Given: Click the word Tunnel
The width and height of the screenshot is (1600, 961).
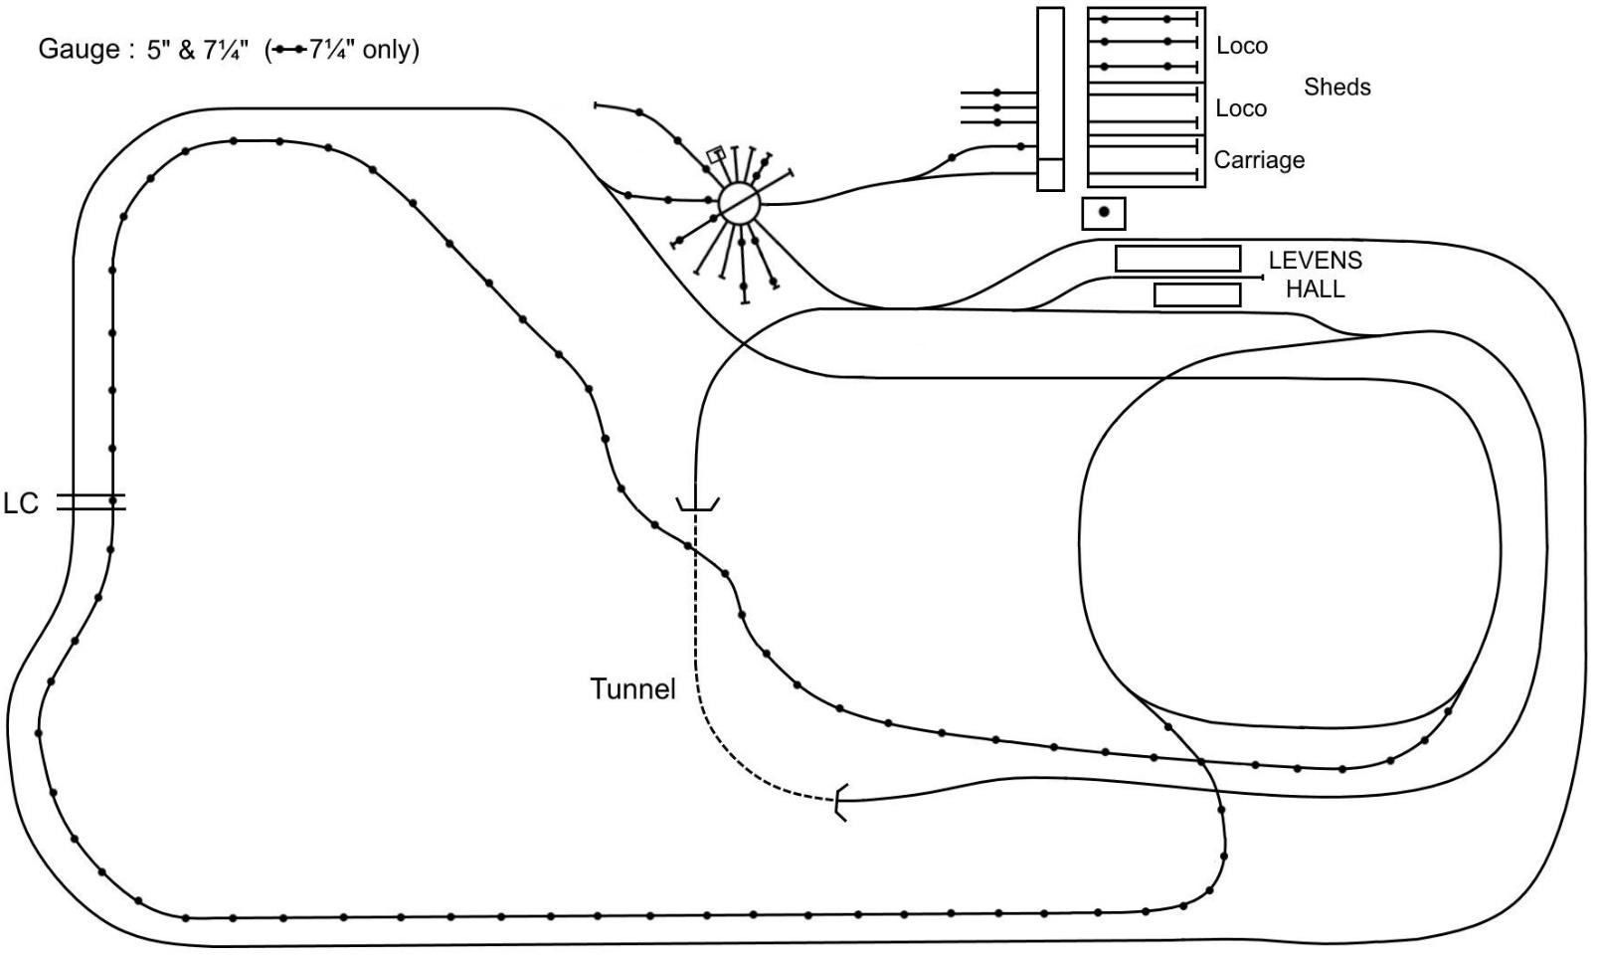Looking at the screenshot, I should (632, 688).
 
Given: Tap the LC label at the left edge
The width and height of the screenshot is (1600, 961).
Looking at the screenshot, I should (20, 503).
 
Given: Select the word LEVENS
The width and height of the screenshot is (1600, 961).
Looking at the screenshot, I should (1315, 261).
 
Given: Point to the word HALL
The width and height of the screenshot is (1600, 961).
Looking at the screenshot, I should (1315, 289).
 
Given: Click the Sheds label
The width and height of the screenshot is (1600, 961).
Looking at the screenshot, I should (1336, 88).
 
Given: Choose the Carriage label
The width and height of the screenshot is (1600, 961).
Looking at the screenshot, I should (1259, 160).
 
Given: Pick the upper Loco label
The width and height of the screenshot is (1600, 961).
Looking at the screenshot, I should (1241, 46).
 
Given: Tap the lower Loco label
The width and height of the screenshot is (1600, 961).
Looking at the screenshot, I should (1241, 108).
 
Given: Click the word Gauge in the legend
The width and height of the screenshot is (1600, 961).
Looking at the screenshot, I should (79, 50).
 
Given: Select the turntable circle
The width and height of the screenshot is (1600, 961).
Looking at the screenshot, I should (739, 204).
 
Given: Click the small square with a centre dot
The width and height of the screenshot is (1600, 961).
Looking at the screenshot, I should (1104, 213).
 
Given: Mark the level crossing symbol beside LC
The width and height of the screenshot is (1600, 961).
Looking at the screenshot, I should (90, 502).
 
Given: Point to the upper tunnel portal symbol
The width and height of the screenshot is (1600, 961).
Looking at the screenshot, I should (697, 505).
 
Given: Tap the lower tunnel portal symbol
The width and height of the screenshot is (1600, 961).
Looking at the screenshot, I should (841, 803).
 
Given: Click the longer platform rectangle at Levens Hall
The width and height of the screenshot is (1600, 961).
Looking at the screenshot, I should (1177, 259).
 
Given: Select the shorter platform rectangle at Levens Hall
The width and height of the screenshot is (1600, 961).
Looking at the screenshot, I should (1197, 294).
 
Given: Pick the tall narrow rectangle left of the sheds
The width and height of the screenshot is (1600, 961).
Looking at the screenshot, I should (1050, 98).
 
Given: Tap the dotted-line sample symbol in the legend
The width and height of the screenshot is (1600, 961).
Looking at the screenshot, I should (288, 50).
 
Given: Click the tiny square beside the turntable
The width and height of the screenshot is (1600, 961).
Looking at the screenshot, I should (715, 154).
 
